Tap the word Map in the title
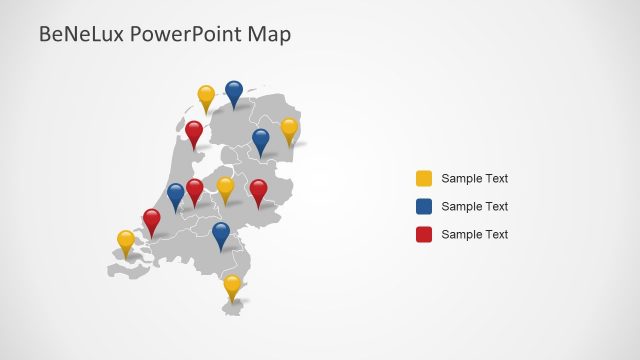pos(272,35)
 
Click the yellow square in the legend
pos(424,179)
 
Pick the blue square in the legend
pos(424,206)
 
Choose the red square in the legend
pos(424,234)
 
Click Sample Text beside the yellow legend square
pos(475,179)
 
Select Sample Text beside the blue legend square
pos(475,207)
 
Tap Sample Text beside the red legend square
pos(475,234)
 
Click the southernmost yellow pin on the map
pos(232,286)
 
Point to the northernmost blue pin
pos(234,92)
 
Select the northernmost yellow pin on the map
pos(206,96)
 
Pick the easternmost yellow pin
pos(289,129)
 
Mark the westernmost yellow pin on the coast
pos(126,241)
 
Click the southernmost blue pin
pos(221,233)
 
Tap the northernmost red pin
pos(194,131)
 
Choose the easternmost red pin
pos(258,190)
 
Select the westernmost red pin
pos(151,219)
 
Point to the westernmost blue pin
pos(176,194)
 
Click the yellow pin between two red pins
pos(225,187)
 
